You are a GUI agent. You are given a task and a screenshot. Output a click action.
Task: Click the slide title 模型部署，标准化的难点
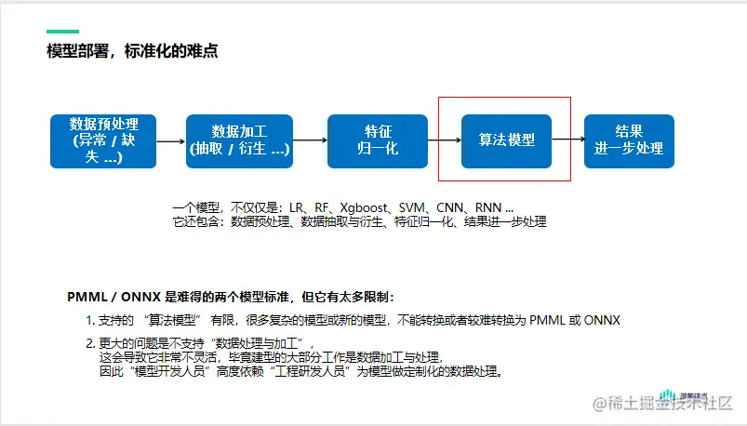tap(132, 51)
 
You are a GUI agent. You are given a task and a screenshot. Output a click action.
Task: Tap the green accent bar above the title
tap(62, 31)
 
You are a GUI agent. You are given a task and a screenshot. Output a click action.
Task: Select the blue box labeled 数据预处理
tap(103, 140)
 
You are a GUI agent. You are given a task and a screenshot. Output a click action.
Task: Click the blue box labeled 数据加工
tap(238, 140)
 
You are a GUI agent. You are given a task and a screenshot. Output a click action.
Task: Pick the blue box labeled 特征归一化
tap(377, 140)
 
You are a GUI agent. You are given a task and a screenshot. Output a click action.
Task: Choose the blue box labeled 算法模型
tap(506, 140)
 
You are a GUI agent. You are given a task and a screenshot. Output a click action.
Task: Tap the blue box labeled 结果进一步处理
tap(629, 140)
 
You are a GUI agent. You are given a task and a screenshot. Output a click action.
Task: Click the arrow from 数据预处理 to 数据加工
tap(170, 141)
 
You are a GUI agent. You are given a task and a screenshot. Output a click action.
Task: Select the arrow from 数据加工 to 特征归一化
tap(309, 141)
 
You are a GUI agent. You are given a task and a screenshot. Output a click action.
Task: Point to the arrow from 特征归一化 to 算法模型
tap(444, 141)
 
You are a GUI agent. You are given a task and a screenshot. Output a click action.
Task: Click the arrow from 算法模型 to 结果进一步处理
tap(567, 141)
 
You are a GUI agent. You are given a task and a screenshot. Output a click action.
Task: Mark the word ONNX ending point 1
tap(602, 320)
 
